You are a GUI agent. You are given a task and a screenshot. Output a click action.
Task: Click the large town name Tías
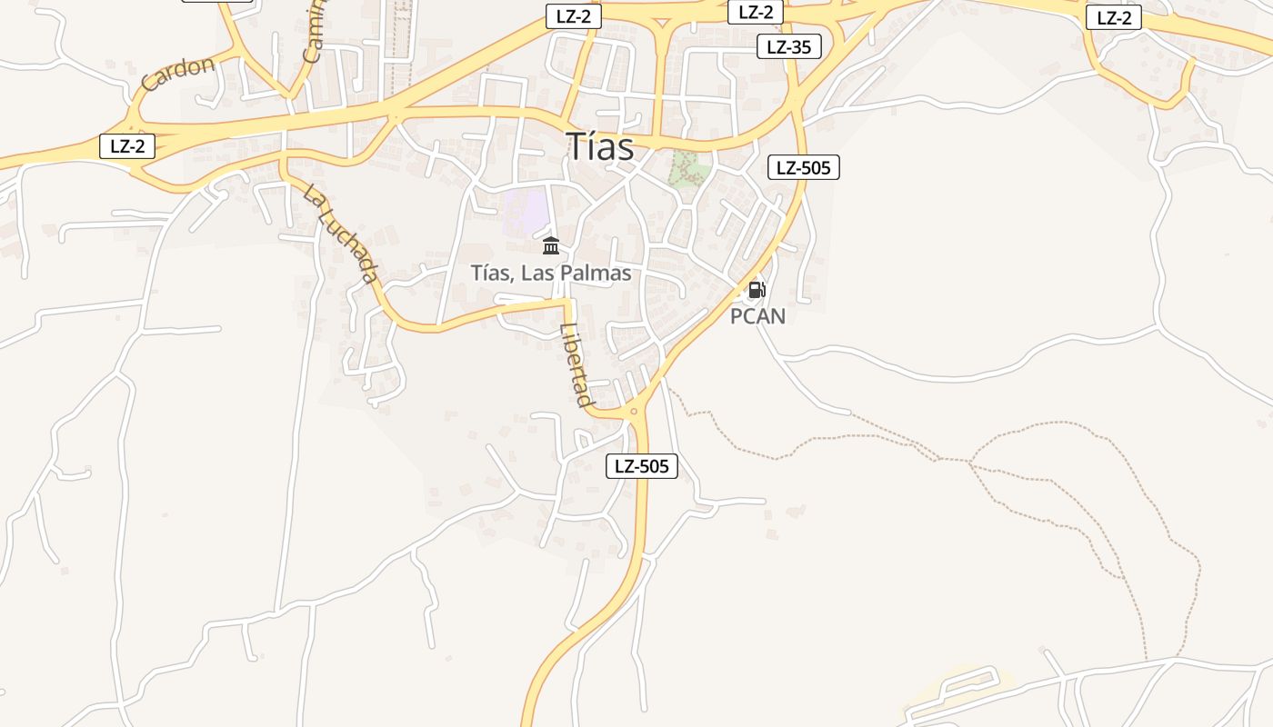[x=600, y=147]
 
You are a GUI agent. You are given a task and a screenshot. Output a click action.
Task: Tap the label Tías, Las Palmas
[x=551, y=273]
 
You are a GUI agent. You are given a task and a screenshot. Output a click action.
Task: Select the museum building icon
[x=551, y=245]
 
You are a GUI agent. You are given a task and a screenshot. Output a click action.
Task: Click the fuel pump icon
[x=757, y=291]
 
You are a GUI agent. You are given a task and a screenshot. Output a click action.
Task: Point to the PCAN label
[x=757, y=316]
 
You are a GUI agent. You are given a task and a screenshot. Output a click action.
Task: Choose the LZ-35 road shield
[x=788, y=47]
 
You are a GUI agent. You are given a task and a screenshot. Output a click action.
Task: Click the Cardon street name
[x=178, y=73]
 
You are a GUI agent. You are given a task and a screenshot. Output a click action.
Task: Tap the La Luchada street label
[x=341, y=234]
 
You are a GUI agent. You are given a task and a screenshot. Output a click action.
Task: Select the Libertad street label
[x=576, y=365]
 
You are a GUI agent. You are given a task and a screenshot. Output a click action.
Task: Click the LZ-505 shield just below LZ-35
[x=803, y=167]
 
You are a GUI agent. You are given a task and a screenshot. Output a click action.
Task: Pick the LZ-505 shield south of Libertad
[x=642, y=467]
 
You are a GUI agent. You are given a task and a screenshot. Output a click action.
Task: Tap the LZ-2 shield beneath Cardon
[x=127, y=146]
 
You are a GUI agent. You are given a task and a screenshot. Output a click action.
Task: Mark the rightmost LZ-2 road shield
[x=1113, y=17]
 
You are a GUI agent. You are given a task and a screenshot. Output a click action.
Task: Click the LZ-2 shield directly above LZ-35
[x=755, y=13]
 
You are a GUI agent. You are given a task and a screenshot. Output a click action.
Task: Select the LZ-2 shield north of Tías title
[x=573, y=16]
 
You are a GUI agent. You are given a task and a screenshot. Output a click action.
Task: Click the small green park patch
[x=688, y=169]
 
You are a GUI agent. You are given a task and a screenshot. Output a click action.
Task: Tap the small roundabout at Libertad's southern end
[x=634, y=412]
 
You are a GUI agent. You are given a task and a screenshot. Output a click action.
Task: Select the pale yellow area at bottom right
[x=964, y=688]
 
